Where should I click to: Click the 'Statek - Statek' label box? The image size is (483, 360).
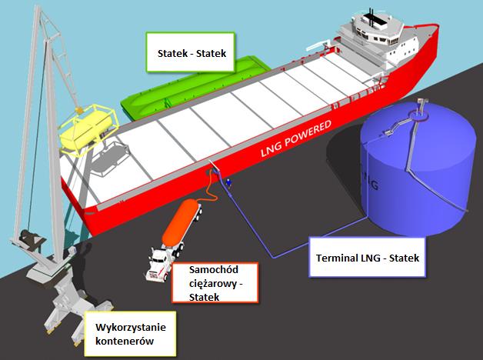click(191, 52)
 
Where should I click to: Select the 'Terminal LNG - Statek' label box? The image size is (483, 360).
click(367, 257)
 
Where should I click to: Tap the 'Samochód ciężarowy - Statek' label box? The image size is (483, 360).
click(215, 283)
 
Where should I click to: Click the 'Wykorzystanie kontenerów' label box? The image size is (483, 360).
click(130, 334)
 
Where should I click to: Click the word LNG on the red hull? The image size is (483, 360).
click(271, 150)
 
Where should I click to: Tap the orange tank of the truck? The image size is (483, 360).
click(178, 221)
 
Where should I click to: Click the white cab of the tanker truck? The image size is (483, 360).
click(158, 264)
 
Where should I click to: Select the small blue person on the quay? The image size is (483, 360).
click(228, 183)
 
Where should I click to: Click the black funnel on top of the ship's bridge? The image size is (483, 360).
click(371, 18)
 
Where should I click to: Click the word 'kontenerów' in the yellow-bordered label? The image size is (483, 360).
click(125, 341)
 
